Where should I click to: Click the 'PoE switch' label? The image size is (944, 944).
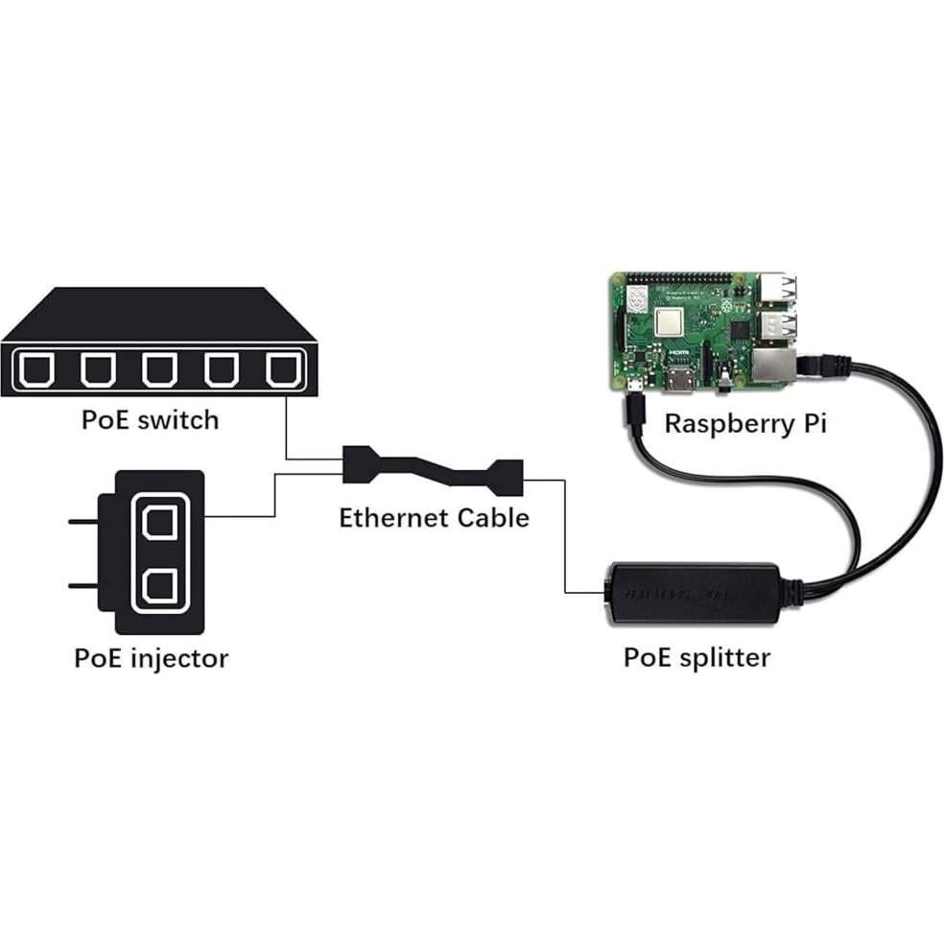click(151, 419)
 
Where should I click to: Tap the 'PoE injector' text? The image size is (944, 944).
click(152, 658)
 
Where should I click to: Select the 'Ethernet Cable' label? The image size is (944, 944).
click(434, 518)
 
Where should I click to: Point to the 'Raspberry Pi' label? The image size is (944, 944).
click(744, 423)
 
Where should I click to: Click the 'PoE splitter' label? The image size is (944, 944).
click(696, 657)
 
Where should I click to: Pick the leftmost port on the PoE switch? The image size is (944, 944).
click(37, 369)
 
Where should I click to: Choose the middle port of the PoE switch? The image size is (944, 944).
click(159, 369)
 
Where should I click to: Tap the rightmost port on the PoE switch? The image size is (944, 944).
click(281, 369)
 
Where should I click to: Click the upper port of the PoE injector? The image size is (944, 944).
click(158, 522)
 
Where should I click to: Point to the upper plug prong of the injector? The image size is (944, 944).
click(84, 522)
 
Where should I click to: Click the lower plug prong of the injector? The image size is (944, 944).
click(84, 584)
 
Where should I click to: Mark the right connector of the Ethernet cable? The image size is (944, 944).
click(504, 474)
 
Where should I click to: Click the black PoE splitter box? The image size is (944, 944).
click(689, 594)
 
